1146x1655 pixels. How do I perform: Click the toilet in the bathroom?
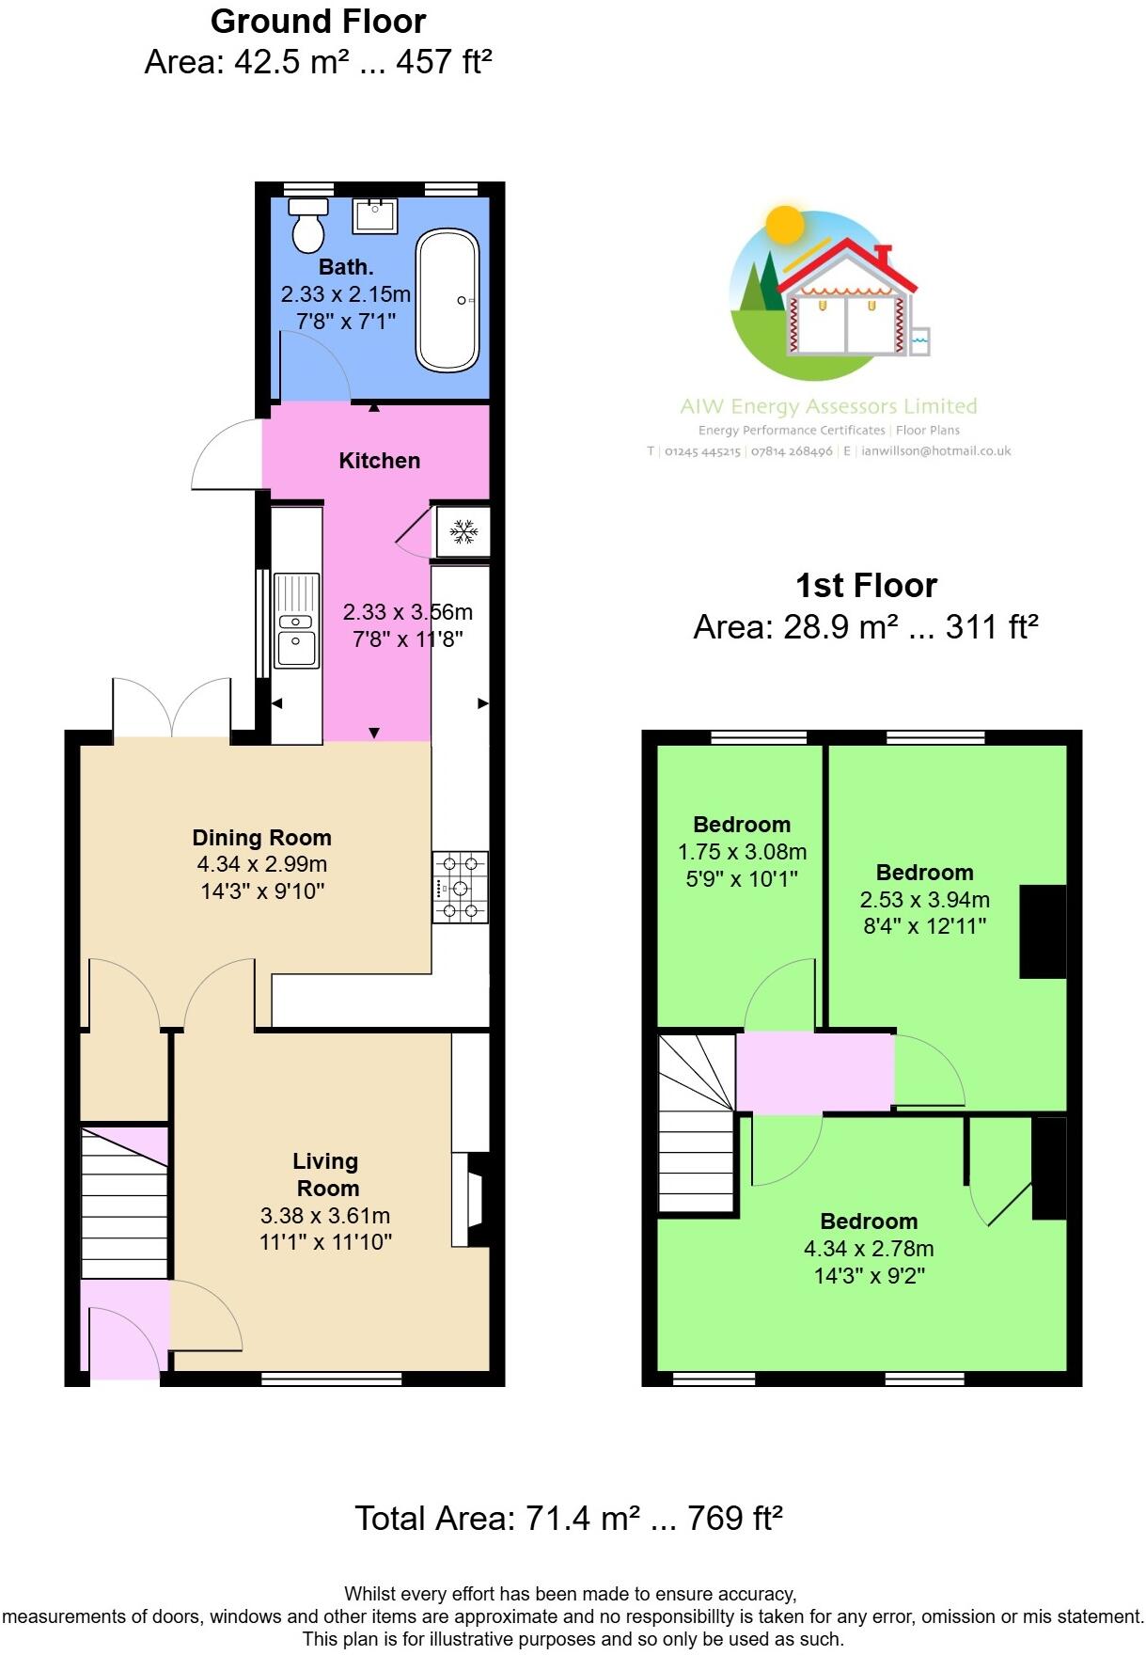point(307,226)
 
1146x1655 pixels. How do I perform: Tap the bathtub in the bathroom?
point(447,300)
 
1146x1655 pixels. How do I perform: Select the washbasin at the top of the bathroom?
point(375,215)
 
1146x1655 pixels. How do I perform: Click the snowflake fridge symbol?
point(463,532)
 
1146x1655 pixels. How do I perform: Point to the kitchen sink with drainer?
point(296,621)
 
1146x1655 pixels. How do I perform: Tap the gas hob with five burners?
point(461,887)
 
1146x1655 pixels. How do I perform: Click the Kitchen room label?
point(379,461)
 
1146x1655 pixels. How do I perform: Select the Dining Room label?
point(261,838)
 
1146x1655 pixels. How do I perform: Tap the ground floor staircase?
point(124,1203)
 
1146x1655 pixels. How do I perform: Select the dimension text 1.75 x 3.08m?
point(742,852)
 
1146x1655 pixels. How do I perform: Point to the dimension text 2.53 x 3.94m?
point(924,900)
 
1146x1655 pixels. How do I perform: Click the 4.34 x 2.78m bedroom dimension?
point(868,1249)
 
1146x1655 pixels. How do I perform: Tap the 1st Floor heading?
point(866,586)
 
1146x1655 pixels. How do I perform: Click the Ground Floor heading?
point(318,22)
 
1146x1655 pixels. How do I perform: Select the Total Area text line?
point(569,1519)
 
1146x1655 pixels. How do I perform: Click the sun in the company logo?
point(785,226)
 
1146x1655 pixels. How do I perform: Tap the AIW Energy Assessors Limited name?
point(828,406)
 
